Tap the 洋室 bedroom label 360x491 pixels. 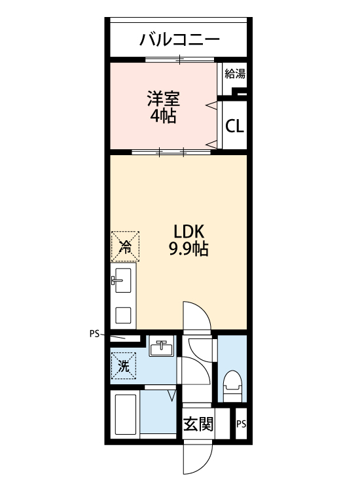[x=163, y=100]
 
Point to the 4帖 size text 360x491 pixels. [x=163, y=117]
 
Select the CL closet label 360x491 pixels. [x=234, y=126]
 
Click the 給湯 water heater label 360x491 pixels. [x=235, y=73]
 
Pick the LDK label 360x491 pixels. [x=189, y=232]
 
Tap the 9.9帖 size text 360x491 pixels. [x=189, y=249]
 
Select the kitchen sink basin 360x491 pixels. [x=123, y=282]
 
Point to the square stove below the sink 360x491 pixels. [x=123, y=315]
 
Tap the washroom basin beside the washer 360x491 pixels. [x=160, y=348]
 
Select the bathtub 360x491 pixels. [x=124, y=414]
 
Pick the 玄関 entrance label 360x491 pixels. [x=198, y=424]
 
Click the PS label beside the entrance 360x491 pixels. [x=241, y=424]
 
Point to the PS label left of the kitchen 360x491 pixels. [x=94, y=333]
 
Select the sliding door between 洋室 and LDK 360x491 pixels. [x=171, y=153]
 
